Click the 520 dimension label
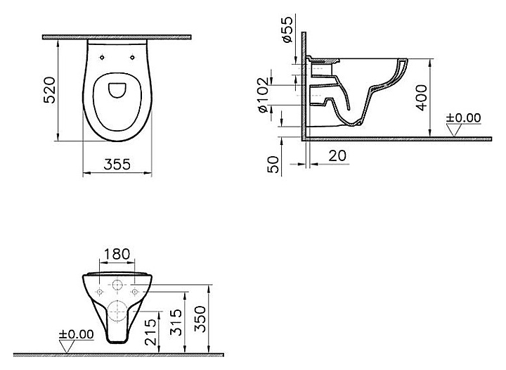(49, 90)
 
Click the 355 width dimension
(117, 165)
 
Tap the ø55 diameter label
(287, 29)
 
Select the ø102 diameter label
(263, 94)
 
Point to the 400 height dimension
(422, 98)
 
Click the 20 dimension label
(337, 155)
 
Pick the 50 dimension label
(273, 165)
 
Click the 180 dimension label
(117, 254)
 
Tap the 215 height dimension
(150, 332)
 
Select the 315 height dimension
(176, 322)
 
